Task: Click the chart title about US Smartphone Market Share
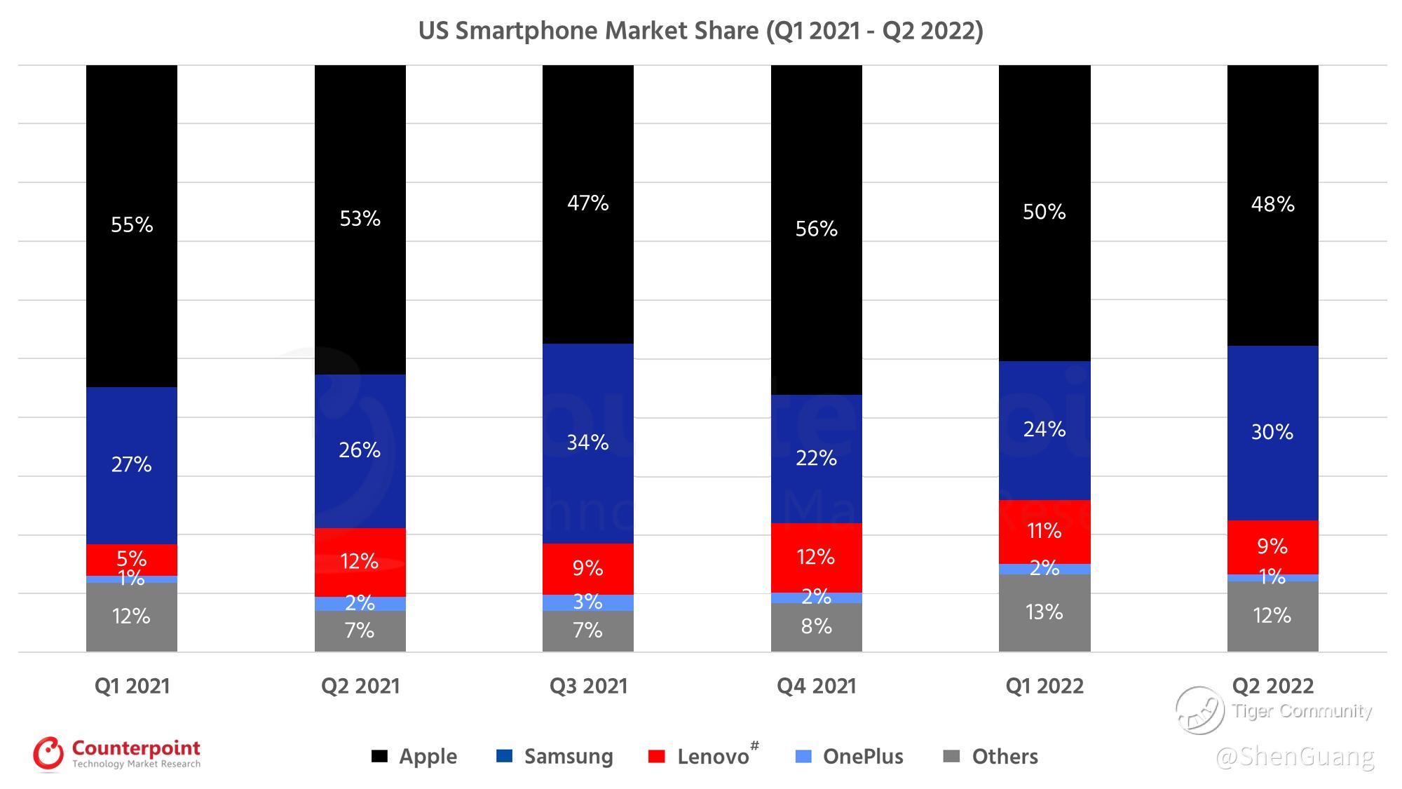[700, 31]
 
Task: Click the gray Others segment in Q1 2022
[1044, 628]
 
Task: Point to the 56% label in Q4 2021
[816, 229]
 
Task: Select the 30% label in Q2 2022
[1272, 431]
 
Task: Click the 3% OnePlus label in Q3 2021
[587, 602]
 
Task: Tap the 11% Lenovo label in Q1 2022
[1044, 530]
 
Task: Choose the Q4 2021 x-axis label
[816, 685]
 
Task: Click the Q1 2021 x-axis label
[132, 685]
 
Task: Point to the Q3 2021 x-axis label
[588, 685]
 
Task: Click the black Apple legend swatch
[379, 756]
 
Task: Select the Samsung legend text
[569, 756]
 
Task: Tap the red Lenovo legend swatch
[657, 756]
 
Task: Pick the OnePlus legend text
[863, 756]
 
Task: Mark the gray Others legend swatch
[951, 756]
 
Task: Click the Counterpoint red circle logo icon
[48, 754]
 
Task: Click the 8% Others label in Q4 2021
[816, 626]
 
